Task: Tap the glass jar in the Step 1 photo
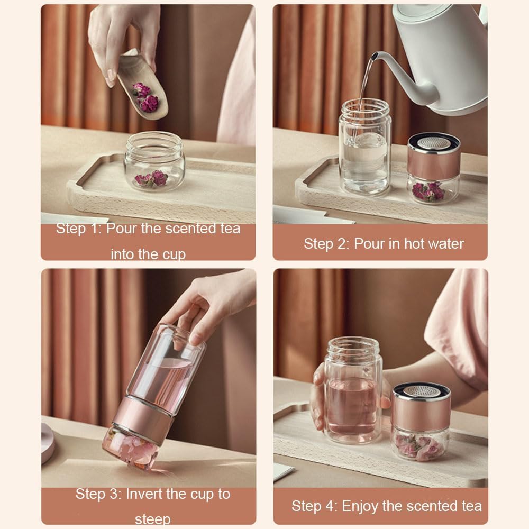[154, 161]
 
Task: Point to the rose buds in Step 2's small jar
[428, 191]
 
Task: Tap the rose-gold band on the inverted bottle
[143, 418]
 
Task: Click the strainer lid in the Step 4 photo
[421, 391]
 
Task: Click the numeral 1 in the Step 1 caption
[95, 229]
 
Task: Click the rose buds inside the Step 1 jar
[151, 179]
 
